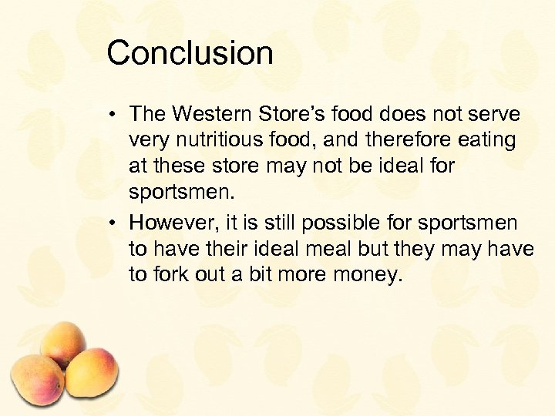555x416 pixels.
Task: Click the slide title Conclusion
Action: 190,53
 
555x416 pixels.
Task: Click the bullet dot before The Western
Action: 113,115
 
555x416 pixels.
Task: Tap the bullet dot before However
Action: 113,223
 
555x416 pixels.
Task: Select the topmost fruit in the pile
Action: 63,342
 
